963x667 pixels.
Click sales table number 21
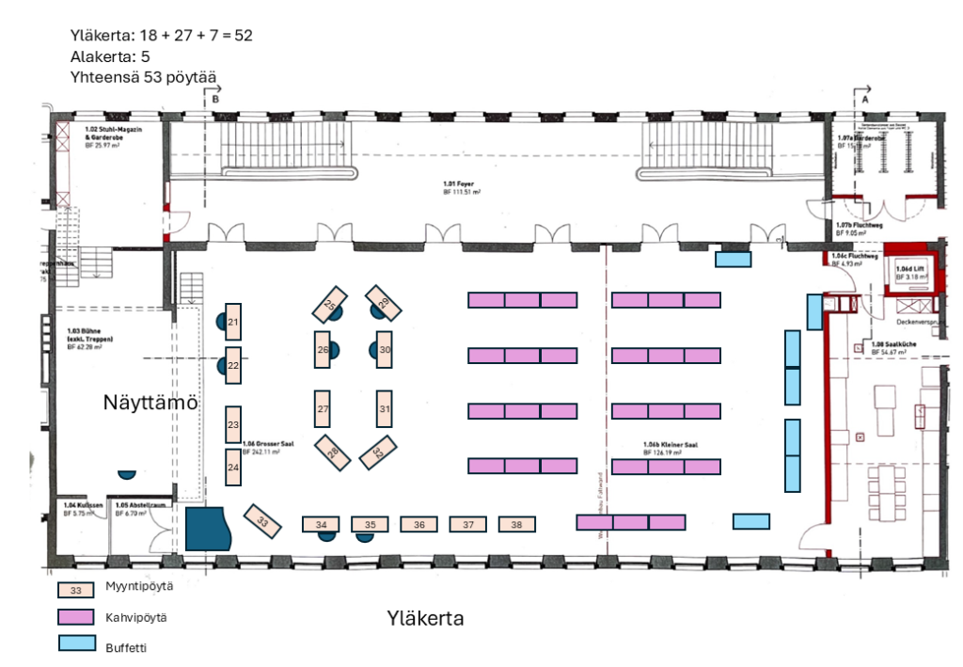233,322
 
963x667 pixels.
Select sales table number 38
516,525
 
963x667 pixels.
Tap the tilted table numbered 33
263,521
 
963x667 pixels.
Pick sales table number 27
323,409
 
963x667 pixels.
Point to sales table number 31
384,409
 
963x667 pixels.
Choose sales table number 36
419,525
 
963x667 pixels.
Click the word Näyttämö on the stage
150,403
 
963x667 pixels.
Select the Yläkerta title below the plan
425,619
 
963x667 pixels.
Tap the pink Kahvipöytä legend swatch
76,617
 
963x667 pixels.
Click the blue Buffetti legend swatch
76,645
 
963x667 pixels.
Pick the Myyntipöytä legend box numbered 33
76,590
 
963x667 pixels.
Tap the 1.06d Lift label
909,268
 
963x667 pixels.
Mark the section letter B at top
215,98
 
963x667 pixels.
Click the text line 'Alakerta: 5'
109,56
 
